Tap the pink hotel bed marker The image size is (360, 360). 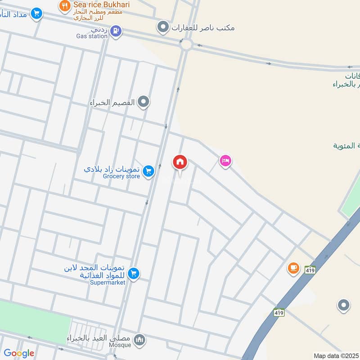click(x=225, y=161)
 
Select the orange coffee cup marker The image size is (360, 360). click(x=293, y=268)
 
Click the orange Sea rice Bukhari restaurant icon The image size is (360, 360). click(x=65, y=6)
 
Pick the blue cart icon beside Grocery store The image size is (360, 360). click(x=148, y=171)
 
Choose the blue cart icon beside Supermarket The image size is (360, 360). click(x=133, y=273)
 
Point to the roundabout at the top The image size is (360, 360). click(x=185, y=44)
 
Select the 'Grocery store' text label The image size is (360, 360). click(x=121, y=176)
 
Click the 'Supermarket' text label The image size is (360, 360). click(x=108, y=282)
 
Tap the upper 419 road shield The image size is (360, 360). click(x=309, y=270)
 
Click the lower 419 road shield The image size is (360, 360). click(x=279, y=311)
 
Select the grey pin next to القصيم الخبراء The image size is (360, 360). click(x=144, y=102)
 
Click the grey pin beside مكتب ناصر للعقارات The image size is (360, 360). click(x=162, y=27)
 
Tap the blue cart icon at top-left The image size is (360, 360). click(x=36, y=13)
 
